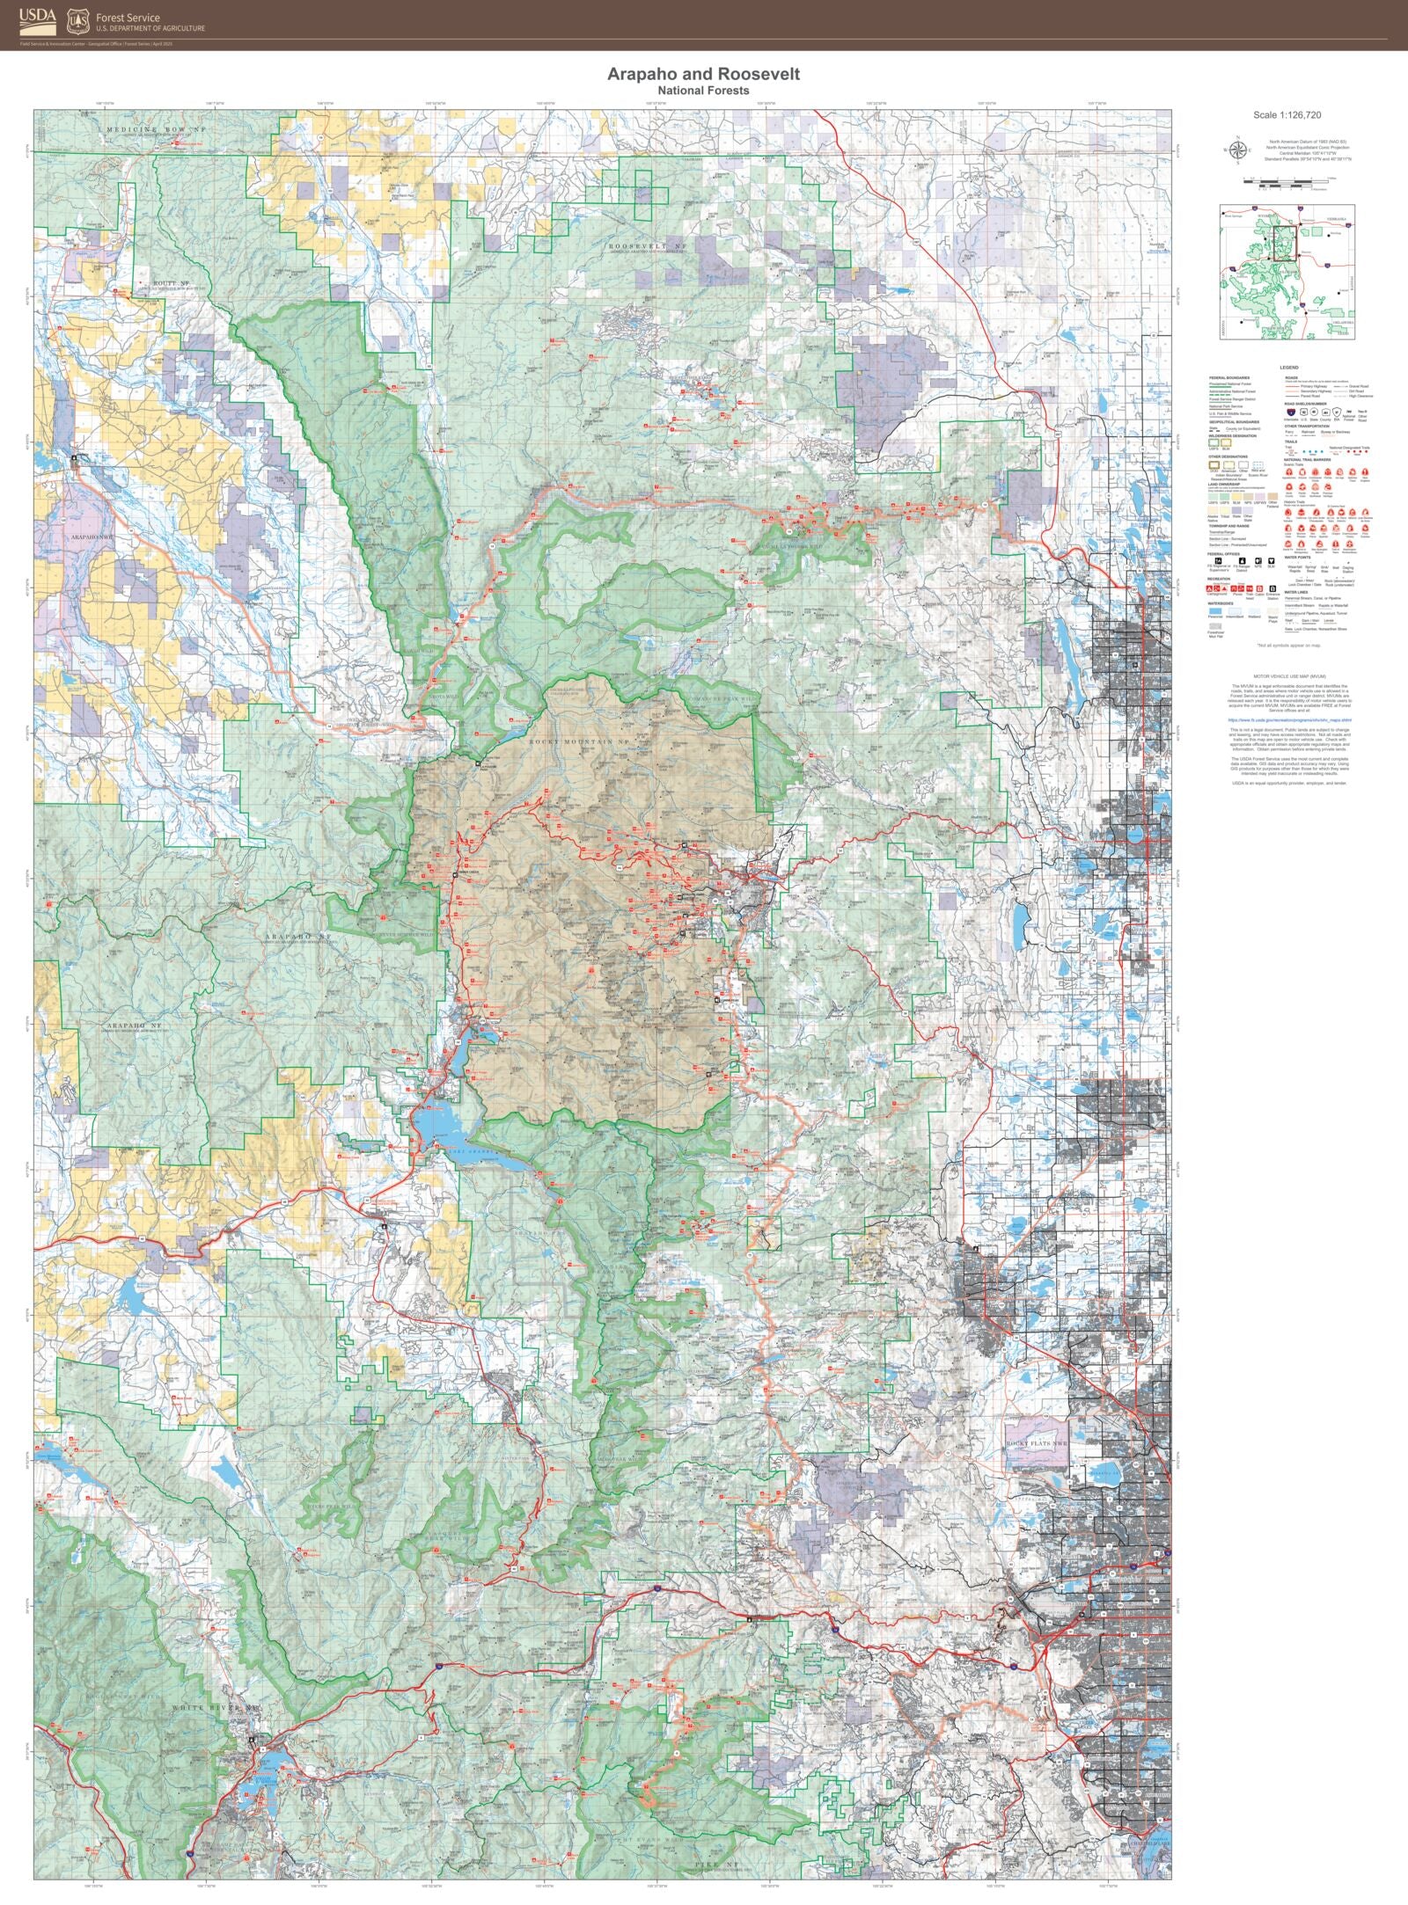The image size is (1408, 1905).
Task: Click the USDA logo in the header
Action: pyautogui.click(x=39, y=17)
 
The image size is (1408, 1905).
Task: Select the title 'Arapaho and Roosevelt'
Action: pyautogui.click(x=703, y=74)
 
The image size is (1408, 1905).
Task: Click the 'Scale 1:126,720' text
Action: pyautogui.click(x=1287, y=115)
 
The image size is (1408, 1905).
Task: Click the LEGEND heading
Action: pyautogui.click(x=1288, y=368)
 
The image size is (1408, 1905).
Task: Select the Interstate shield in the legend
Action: pyautogui.click(x=1289, y=411)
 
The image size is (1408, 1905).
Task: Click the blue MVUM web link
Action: pyautogui.click(x=1288, y=719)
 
